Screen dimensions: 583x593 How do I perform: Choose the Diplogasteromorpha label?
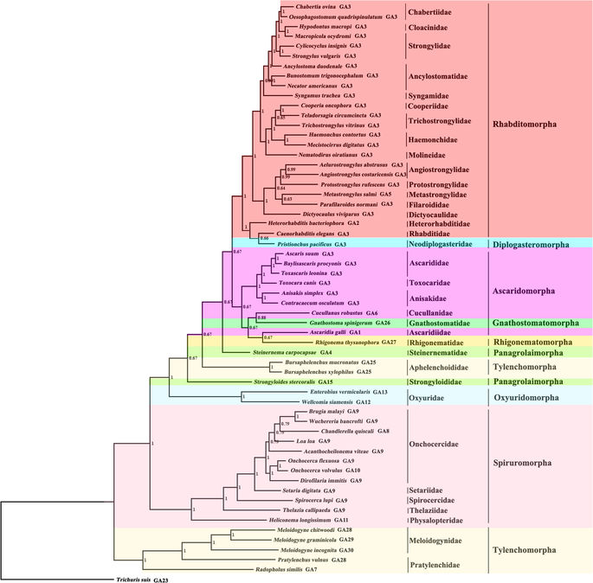pyautogui.click(x=536, y=245)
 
